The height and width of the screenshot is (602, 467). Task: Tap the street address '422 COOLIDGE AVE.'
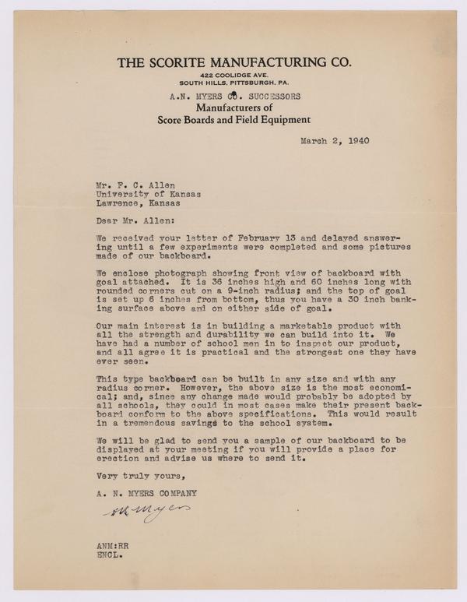[x=233, y=74]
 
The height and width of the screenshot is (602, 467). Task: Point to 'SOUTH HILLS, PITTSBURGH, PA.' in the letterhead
[x=233, y=83]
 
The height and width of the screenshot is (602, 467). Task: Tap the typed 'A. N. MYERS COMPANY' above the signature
[x=146, y=493]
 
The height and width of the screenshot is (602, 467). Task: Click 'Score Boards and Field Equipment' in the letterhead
[x=233, y=120]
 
